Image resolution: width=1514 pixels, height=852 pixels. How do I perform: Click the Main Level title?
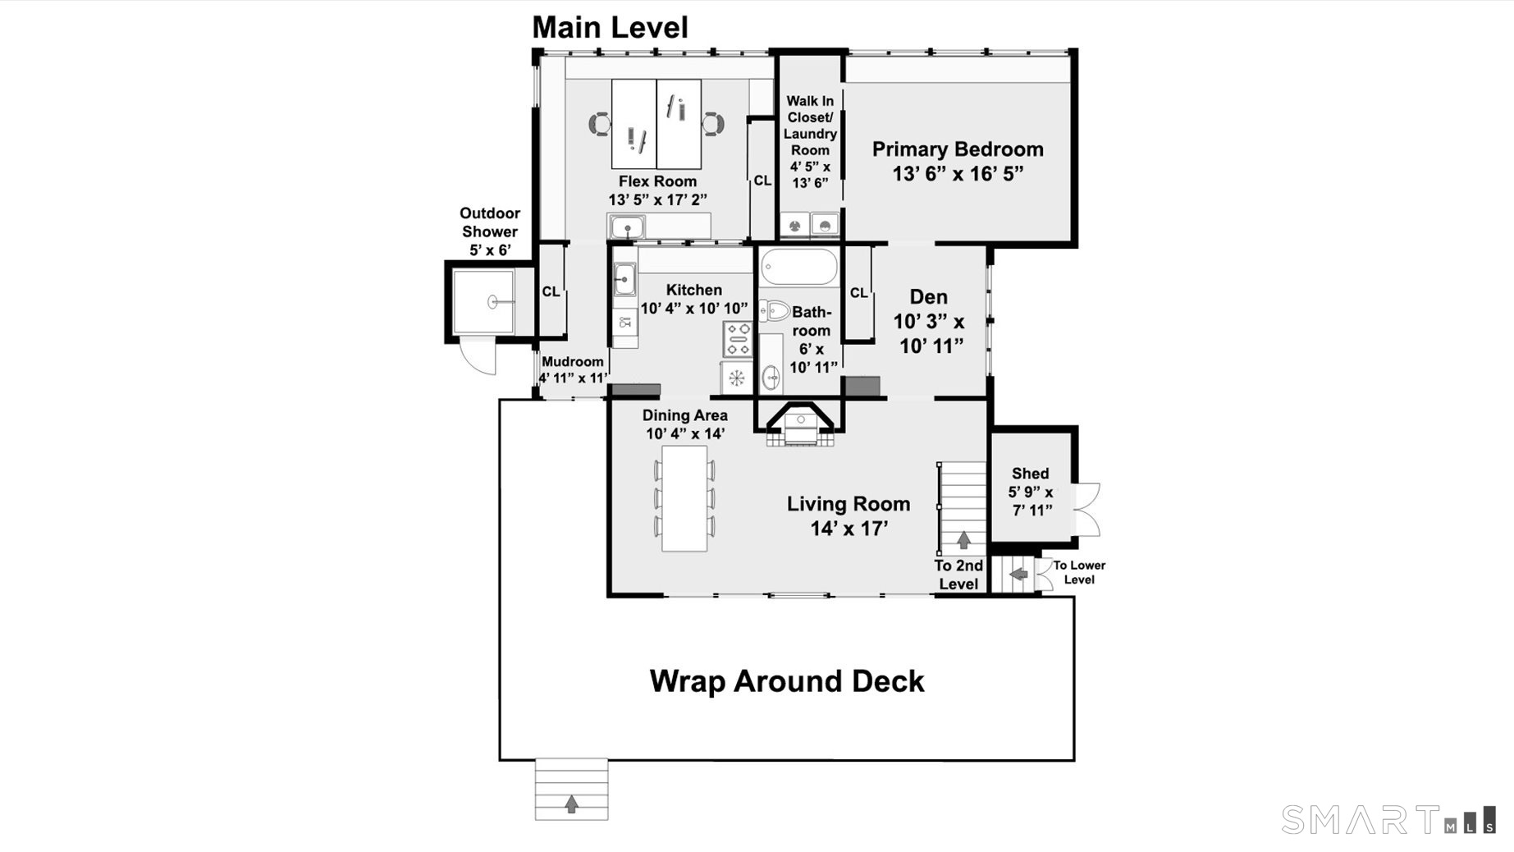[x=610, y=27]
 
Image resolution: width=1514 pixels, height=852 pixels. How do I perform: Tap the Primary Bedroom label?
[x=958, y=149]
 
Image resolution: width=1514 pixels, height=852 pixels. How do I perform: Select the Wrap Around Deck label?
[x=787, y=681]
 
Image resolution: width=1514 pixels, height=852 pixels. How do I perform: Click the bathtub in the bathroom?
[x=798, y=267]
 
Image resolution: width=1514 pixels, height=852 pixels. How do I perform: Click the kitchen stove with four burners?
[x=737, y=339]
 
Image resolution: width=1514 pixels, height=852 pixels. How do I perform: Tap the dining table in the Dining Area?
[x=684, y=498]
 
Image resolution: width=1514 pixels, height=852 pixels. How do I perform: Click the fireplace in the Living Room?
[x=799, y=424]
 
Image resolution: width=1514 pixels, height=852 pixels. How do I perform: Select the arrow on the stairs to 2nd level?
[x=963, y=540]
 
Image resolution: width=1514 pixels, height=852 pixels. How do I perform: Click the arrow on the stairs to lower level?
[x=1018, y=574]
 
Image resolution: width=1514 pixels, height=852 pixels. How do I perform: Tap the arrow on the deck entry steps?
[x=571, y=804]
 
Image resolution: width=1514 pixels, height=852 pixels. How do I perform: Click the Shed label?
[x=1030, y=474]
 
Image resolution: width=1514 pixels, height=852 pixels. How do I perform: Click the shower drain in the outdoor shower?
[x=492, y=302]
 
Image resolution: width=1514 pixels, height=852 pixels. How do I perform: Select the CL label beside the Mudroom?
[x=551, y=291]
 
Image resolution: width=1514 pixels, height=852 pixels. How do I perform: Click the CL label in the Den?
[x=858, y=292]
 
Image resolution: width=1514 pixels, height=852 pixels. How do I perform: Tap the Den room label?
[x=928, y=297]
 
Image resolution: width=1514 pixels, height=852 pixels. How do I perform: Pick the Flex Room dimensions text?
[x=657, y=199]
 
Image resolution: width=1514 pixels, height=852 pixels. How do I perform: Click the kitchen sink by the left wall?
[x=624, y=279]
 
